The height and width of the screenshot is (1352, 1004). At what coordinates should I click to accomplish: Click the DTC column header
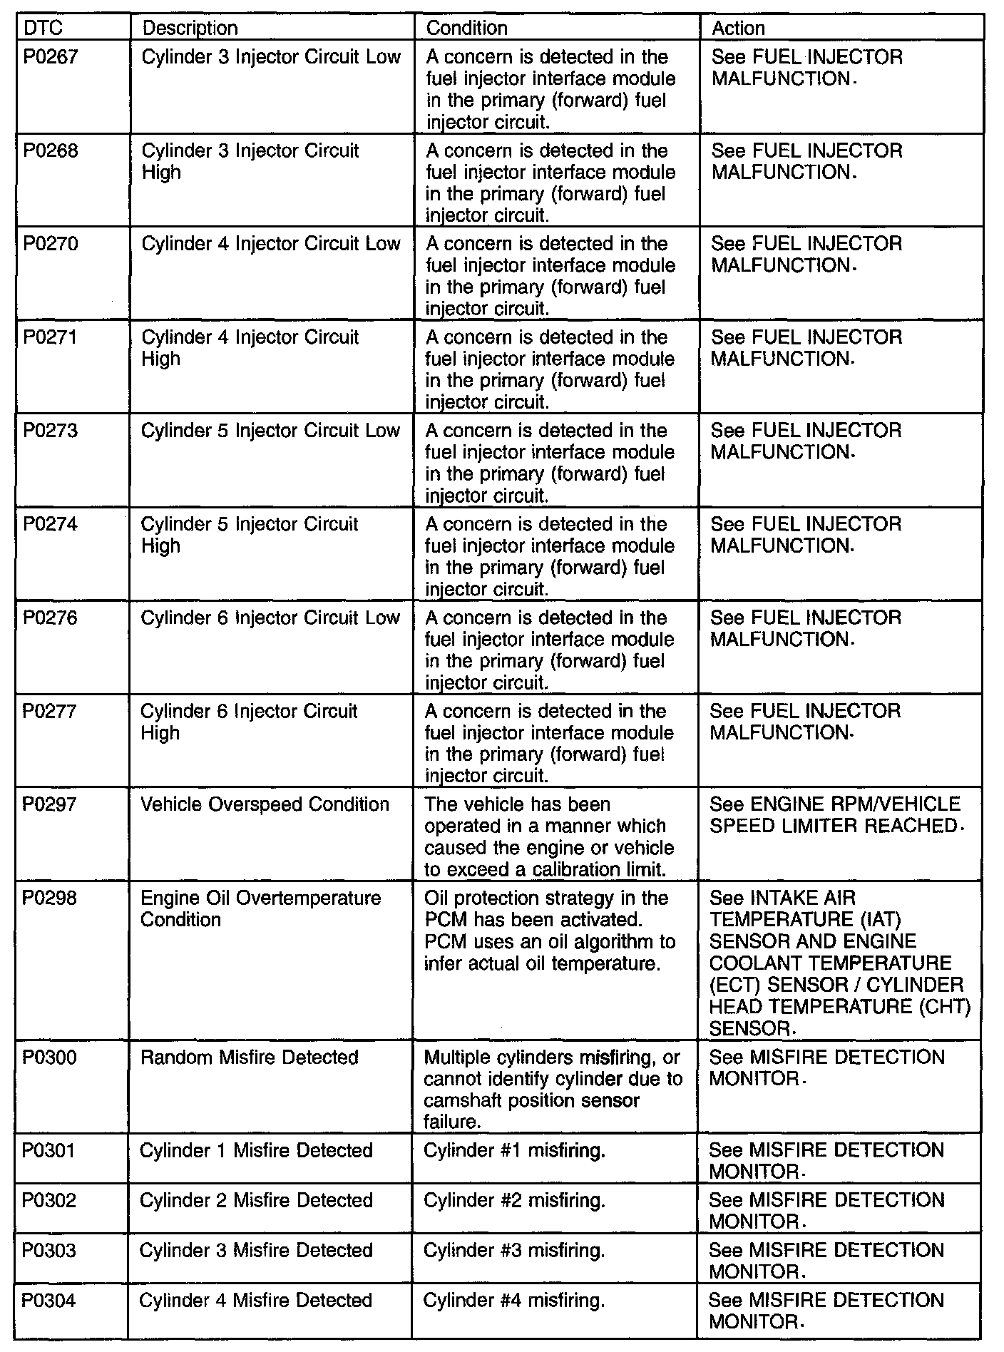pos(43,28)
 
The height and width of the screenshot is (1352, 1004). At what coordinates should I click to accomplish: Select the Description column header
pos(190,28)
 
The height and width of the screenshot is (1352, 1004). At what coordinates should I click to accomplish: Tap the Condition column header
pos(467,28)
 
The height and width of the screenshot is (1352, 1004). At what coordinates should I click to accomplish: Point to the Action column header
pos(739,28)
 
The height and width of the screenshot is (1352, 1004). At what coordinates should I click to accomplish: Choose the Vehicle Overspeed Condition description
pos(265,805)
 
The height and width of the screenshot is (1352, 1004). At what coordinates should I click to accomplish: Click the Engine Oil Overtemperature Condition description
pos(260,908)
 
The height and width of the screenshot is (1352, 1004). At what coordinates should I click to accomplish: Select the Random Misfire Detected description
pos(249,1057)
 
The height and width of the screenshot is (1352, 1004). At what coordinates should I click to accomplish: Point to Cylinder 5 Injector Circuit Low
pos(270,431)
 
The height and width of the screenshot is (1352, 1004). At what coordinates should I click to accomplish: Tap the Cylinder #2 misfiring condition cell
pos(514,1201)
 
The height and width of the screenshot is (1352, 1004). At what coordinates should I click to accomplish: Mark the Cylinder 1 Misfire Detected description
pos(256,1151)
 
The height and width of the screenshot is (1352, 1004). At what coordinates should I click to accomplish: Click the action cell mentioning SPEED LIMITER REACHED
pos(834,816)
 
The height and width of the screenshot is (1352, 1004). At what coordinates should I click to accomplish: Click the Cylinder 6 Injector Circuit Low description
pos(270,618)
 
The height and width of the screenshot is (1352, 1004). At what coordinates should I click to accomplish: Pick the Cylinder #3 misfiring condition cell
pos(514,1251)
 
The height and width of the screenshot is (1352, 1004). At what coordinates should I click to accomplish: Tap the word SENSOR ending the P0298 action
pos(749,1029)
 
